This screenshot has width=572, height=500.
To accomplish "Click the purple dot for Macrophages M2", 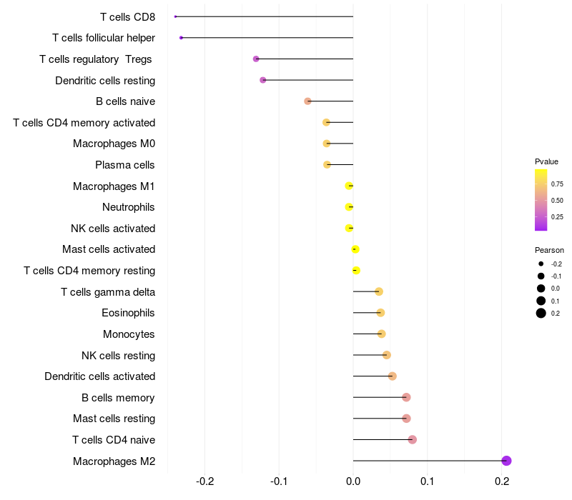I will [506, 461].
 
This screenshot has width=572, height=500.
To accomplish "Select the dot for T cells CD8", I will [175, 16].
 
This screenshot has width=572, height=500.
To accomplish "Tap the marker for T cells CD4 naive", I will [413, 439].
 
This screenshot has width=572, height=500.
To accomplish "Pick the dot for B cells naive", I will [307, 101].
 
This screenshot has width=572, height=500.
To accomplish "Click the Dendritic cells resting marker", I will [263, 80].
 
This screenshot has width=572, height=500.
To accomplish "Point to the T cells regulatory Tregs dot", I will [256, 59].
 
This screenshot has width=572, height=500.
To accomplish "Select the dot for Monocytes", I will [381, 334].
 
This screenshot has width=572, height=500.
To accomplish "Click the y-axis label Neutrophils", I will [129, 207].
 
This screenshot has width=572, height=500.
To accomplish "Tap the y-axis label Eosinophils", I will [129, 313].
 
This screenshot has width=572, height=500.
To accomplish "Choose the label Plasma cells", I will [125, 165].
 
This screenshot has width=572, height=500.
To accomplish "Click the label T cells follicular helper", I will [104, 38].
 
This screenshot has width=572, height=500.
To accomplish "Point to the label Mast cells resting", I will [114, 419].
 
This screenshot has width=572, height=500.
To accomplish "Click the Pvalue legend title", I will [546, 161].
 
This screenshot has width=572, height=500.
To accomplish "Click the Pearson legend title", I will [549, 250].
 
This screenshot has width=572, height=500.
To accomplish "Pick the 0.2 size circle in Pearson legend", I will [541, 313].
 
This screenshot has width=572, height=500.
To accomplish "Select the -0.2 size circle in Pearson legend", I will [541, 264].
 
